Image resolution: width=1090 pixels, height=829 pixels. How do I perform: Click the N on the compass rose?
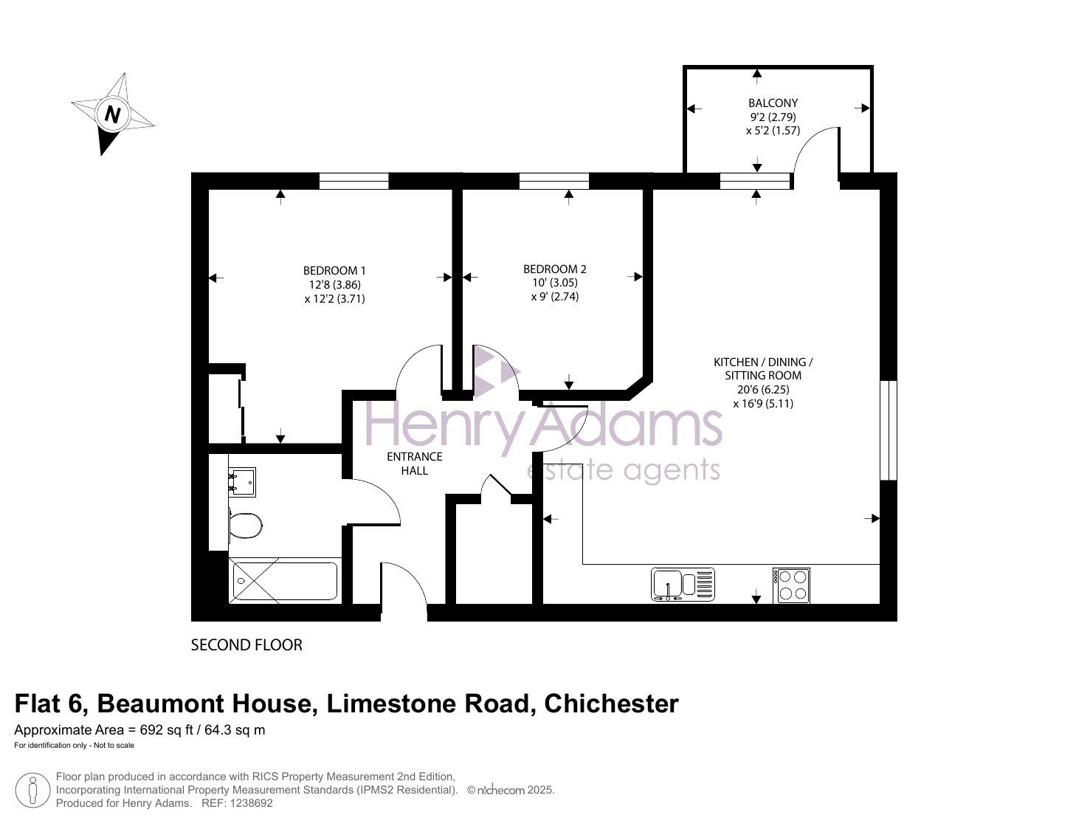click(x=113, y=114)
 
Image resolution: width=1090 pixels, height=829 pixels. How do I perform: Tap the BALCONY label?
click(x=773, y=103)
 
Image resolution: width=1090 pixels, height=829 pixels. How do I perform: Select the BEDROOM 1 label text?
click(x=334, y=271)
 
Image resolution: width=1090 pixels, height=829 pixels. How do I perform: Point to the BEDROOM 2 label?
click(x=555, y=269)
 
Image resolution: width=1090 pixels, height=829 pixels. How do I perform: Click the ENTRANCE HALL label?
click(x=415, y=464)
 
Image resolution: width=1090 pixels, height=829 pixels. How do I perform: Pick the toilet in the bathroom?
click(x=245, y=525)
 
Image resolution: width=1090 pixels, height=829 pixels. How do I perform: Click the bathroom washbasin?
click(x=242, y=482)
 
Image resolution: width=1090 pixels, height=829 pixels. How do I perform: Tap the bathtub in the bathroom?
click(x=285, y=581)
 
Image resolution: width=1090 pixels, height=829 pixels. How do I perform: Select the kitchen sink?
click(x=683, y=584)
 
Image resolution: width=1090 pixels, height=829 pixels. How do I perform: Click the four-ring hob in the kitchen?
click(x=791, y=585)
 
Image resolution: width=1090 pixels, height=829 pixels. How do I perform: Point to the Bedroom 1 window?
click(x=353, y=181)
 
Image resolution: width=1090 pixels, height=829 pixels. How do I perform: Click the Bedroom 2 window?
click(x=554, y=181)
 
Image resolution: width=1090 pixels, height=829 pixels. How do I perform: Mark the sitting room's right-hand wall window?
click(x=889, y=430)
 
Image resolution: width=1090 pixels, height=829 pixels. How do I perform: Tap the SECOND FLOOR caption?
click(x=246, y=644)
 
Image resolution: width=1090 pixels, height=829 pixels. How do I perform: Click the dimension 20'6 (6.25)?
click(x=763, y=390)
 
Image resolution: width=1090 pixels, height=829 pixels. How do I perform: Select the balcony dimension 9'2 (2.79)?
click(x=773, y=117)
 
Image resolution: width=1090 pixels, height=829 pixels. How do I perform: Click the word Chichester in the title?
click(x=611, y=704)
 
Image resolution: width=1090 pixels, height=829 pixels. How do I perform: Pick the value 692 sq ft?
click(x=166, y=730)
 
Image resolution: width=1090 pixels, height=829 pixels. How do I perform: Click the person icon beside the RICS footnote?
click(x=32, y=790)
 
